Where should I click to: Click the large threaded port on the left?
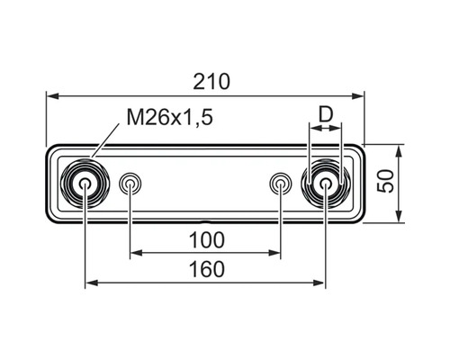tap(85, 185)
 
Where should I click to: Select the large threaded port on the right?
tap(325, 185)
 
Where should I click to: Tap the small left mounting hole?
tap(130, 185)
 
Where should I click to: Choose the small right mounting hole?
tap(280, 185)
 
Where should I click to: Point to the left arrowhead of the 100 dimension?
tap(135, 254)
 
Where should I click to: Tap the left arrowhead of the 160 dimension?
tap(90, 283)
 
